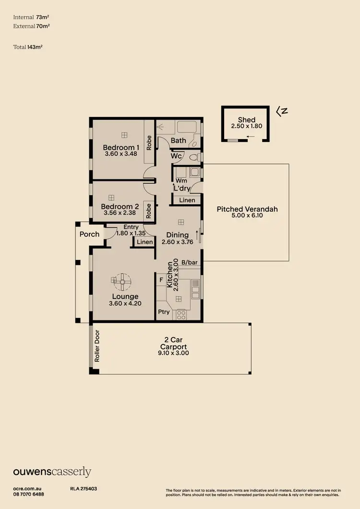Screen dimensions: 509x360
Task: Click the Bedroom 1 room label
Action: click(x=121, y=147)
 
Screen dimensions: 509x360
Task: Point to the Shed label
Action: click(x=247, y=120)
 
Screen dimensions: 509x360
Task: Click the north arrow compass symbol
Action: click(x=282, y=111)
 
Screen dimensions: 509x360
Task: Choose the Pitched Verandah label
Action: click(x=247, y=209)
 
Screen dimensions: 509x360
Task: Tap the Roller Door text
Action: click(x=96, y=345)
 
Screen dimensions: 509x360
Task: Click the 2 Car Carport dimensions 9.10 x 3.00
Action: click(x=174, y=353)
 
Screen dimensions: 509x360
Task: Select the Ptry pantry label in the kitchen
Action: click(x=163, y=312)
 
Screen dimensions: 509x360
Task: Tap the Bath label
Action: click(x=178, y=141)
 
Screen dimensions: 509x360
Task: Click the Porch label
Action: click(x=89, y=234)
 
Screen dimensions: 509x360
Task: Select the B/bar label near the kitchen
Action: click(x=190, y=262)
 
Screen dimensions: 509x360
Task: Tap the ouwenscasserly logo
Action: click(x=52, y=472)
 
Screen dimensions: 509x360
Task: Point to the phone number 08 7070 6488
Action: click(x=28, y=494)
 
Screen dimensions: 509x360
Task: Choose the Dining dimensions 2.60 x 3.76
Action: click(x=178, y=242)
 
